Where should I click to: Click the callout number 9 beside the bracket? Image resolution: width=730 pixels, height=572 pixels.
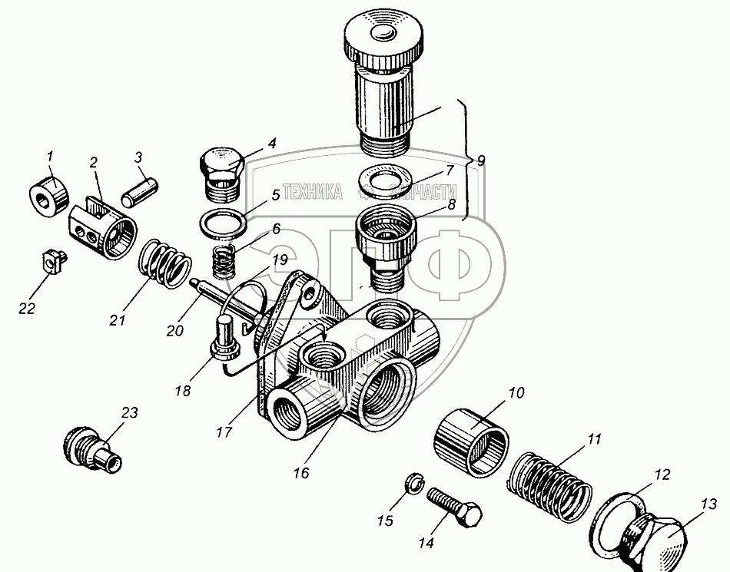pyautogui.click(x=481, y=161)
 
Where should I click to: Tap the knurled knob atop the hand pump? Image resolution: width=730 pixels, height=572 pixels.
pyautogui.click(x=381, y=38)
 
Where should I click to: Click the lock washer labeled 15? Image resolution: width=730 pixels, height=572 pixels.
pyautogui.click(x=413, y=484)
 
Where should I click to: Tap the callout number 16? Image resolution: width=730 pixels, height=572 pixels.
pyautogui.click(x=300, y=474)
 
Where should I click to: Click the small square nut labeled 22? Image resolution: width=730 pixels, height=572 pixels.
pyautogui.click(x=51, y=263)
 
